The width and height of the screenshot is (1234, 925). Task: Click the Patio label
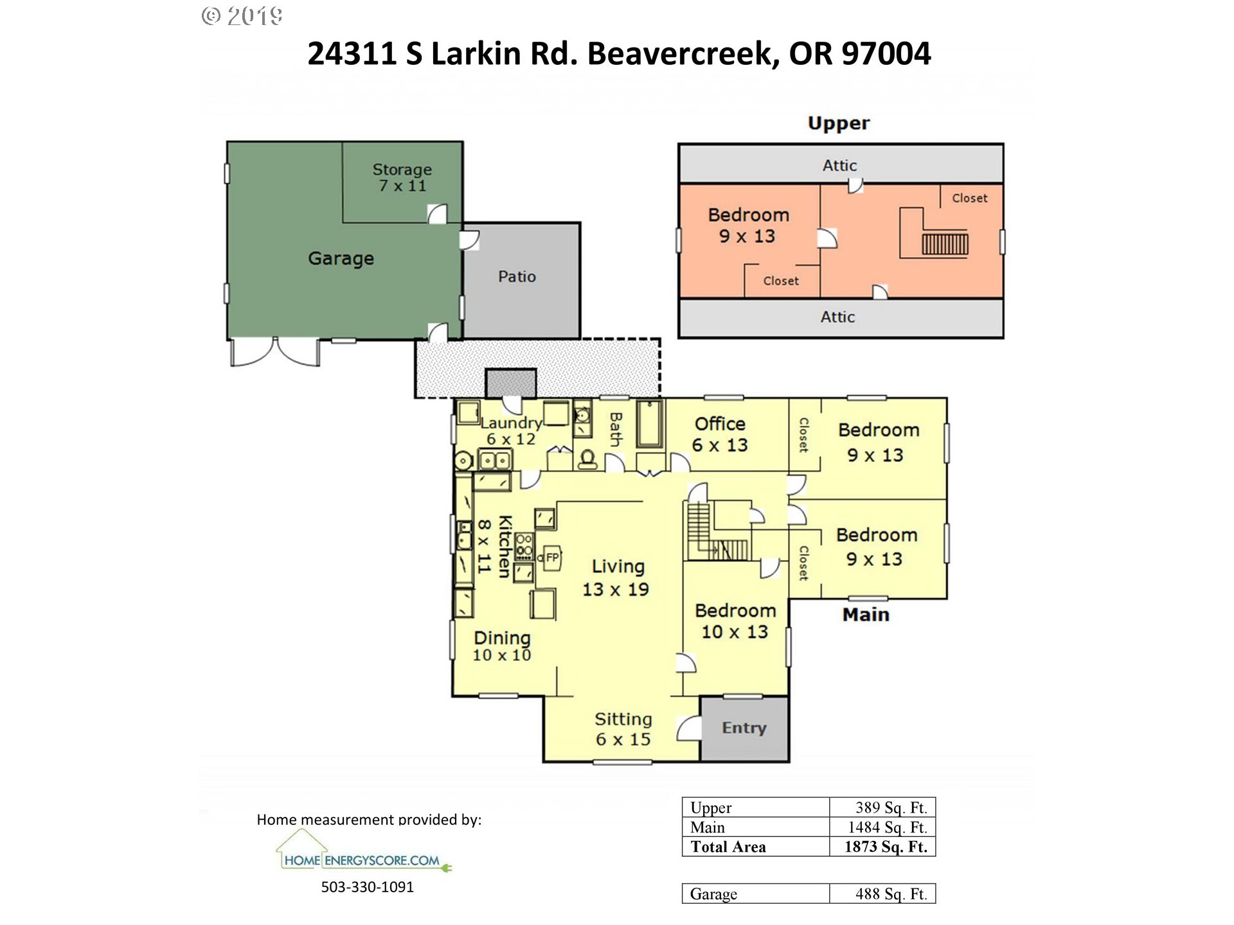tap(517, 276)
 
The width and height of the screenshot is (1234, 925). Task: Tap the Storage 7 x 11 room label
tap(402, 177)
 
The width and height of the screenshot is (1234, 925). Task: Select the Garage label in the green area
tap(341, 258)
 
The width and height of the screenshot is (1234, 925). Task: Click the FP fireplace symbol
tap(552, 558)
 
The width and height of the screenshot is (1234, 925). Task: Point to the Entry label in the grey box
tap(744, 728)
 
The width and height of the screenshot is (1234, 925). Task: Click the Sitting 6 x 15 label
tap(623, 729)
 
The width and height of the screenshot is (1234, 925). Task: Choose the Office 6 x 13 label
tap(720, 434)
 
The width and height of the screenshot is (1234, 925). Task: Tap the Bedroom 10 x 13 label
tap(735, 621)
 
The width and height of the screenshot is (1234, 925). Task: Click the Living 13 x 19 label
tap(616, 577)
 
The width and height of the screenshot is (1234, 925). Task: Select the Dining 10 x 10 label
tap(502, 646)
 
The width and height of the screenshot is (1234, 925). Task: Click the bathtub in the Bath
tap(650, 423)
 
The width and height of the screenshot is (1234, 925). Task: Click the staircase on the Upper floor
tap(945, 244)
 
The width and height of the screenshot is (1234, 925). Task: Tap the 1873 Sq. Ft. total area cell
tap(886, 847)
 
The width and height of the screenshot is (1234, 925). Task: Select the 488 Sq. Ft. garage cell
tap(891, 894)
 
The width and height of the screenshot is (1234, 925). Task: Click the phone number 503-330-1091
tap(368, 887)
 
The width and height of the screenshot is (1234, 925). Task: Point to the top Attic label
tap(839, 166)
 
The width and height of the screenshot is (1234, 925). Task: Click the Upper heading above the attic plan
tap(839, 123)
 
